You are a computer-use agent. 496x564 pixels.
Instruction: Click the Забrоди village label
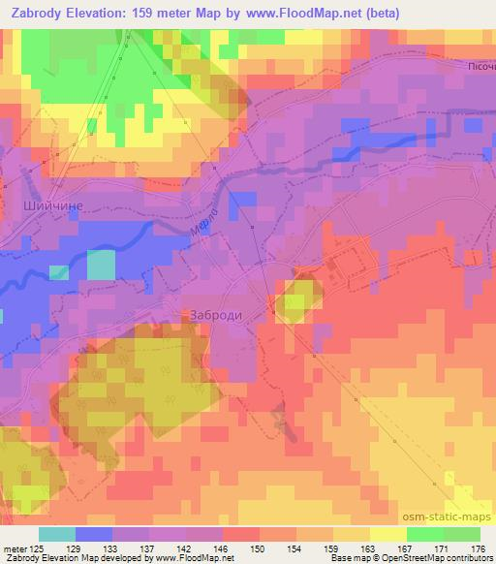pos(211,314)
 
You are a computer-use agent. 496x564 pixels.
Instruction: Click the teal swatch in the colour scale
pos(57,534)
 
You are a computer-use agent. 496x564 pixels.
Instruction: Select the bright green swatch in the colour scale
pos(423,534)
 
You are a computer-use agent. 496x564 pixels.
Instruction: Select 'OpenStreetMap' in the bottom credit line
pos(411,558)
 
